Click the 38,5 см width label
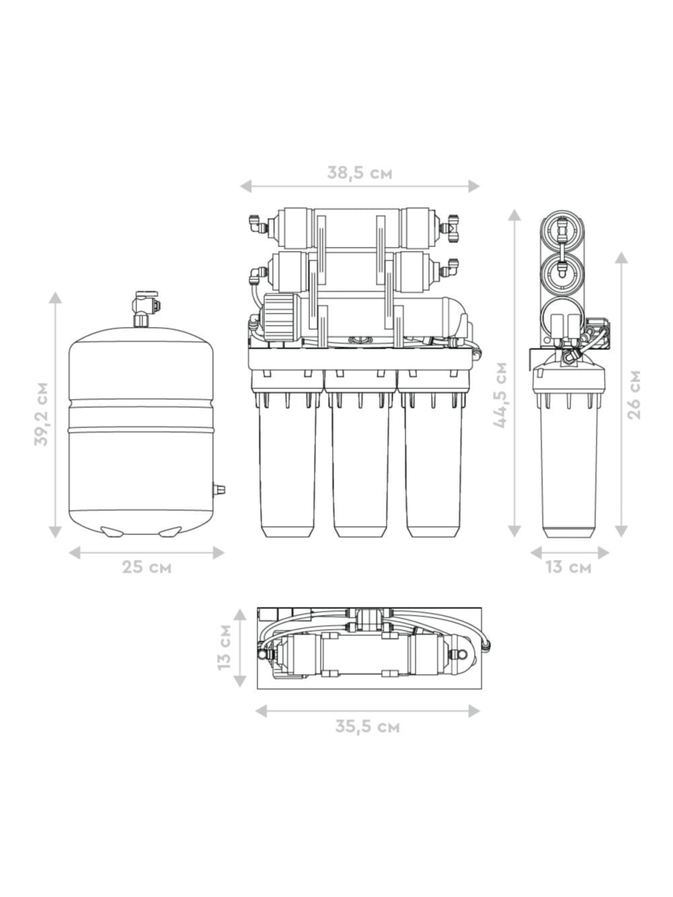click(360, 173)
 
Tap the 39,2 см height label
click(41, 414)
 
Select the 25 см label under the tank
click(147, 567)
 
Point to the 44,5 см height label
click(500, 395)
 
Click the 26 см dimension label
click(634, 395)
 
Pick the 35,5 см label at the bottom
click(367, 726)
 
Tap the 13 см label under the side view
click(568, 567)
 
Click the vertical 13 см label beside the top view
click(224, 647)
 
